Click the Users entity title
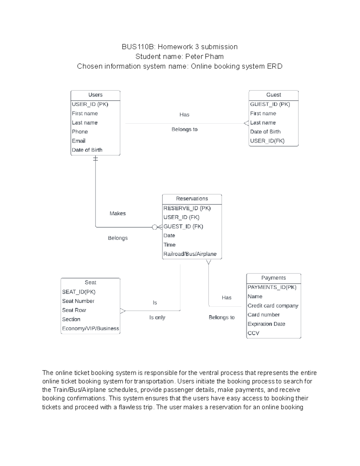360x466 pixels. (x=95, y=95)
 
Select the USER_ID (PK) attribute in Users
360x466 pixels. (x=90, y=104)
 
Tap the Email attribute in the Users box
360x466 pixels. (x=79, y=141)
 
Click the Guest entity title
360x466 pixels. (x=274, y=95)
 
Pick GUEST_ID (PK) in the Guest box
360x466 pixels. (x=270, y=104)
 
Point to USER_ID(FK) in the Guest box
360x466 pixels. (x=267, y=141)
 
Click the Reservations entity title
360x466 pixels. (x=192, y=199)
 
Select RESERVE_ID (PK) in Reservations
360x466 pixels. (x=187, y=208)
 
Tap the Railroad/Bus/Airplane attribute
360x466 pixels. (x=190, y=254)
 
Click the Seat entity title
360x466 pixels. (x=90, y=282)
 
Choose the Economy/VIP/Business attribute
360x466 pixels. (x=91, y=329)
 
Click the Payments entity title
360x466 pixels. (x=273, y=278)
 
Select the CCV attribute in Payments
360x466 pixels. (x=253, y=333)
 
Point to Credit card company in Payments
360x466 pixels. (x=273, y=306)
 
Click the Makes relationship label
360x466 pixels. (x=118, y=214)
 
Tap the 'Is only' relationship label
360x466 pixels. (x=157, y=317)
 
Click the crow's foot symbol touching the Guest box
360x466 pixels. (x=246, y=123)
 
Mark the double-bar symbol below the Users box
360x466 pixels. (x=95, y=159)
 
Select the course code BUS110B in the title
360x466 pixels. (x=138, y=47)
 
